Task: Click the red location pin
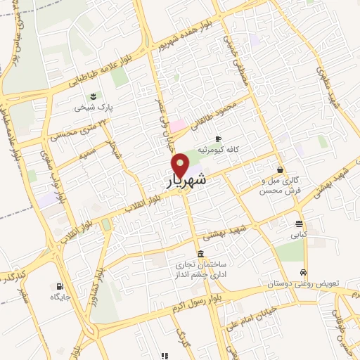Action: click(181, 165)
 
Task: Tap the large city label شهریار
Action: click(188, 181)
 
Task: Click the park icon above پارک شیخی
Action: click(92, 96)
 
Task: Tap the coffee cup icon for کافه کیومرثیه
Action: click(219, 139)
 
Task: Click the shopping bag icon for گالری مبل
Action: click(281, 169)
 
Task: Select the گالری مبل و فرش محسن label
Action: click(279, 186)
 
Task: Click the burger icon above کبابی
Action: click(299, 224)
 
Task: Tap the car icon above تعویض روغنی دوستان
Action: click(303, 272)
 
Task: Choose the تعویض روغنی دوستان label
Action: click(307, 283)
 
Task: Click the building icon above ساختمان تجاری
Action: click(201, 253)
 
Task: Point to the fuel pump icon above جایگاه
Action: click(58, 285)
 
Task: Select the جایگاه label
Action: click(57, 297)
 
